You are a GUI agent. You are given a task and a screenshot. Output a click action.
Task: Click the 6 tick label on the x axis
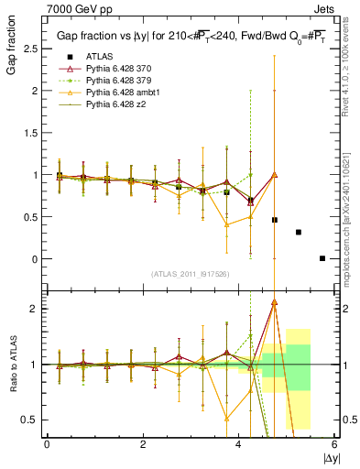[335, 444]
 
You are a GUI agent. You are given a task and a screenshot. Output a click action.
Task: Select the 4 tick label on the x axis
[239, 444]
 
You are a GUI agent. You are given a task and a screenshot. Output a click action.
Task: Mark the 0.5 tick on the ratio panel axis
[33, 420]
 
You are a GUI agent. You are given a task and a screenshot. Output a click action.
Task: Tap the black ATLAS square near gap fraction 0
[322, 258]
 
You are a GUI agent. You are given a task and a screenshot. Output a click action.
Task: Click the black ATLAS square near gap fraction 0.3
[299, 232]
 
